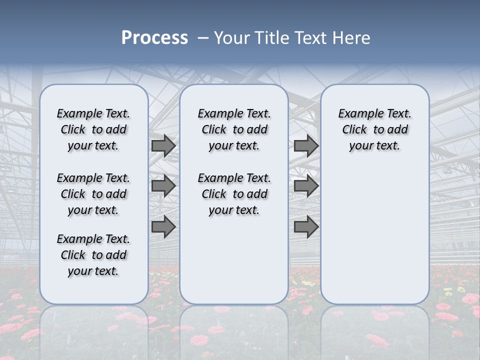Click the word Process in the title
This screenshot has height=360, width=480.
click(x=154, y=38)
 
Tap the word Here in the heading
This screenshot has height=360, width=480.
click(x=352, y=38)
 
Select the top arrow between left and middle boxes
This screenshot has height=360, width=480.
click(x=163, y=145)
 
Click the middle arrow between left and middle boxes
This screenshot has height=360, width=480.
click(x=163, y=186)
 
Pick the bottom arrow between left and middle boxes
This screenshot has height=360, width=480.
click(x=163, y=227)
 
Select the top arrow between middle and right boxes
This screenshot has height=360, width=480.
click(x=306, y=145)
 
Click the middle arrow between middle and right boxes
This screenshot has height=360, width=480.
click(x=306, y=186)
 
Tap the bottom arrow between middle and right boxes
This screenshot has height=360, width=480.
click(x=306, y=227)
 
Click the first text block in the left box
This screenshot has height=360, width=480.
click(x=93, y=129)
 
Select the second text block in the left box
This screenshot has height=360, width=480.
click(x=93, y=194)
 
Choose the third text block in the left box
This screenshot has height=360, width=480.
click(x=93, y=255)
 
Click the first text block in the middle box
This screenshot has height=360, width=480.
click(x=234, y=129)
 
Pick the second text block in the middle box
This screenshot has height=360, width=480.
click(x=234, y=194)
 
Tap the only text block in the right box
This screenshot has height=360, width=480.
click(x=374, y=129)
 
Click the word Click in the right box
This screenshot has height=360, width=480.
click(x=354, y=130)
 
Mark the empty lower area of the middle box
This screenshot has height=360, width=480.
click(x=234, y=260)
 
